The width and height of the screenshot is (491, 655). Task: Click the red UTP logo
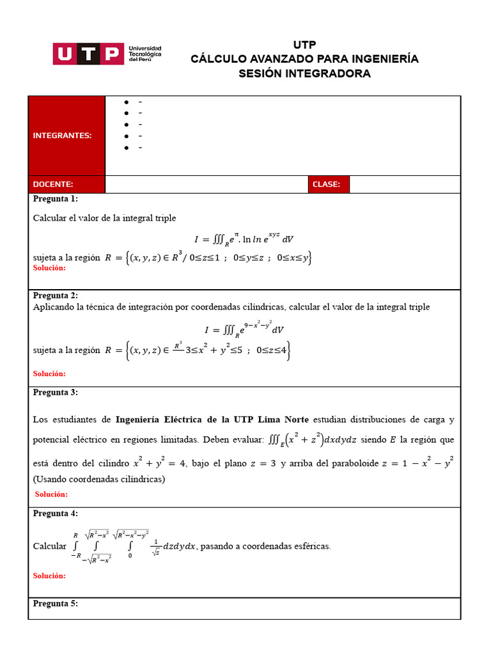[x=88, y=54]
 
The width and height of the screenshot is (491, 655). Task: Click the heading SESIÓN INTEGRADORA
[x=304, y=74]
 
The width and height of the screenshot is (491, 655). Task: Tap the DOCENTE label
[x=53, y=184]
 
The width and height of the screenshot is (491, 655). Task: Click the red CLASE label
[x=326, y=184]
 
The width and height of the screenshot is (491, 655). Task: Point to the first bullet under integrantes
[x=127, y=102]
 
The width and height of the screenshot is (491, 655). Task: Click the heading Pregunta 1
[x=56, y=199]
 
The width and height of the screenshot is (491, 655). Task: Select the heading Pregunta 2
[x=56, y=296]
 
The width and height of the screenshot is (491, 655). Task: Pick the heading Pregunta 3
[x=56, y=392]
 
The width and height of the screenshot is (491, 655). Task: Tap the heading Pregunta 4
[x=56, y=514]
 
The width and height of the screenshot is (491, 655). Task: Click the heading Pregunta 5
[x=56, y=603]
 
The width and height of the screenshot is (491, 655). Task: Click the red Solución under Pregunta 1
[x=49, y=268]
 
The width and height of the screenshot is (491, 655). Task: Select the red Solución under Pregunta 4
[x=49, y=576]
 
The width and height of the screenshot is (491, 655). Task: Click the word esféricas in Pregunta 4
[x=311, y=546]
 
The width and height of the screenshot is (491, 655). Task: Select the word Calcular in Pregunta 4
[x=49, y=546]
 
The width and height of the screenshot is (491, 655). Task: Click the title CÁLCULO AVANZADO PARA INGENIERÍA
[x=304, y=59]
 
